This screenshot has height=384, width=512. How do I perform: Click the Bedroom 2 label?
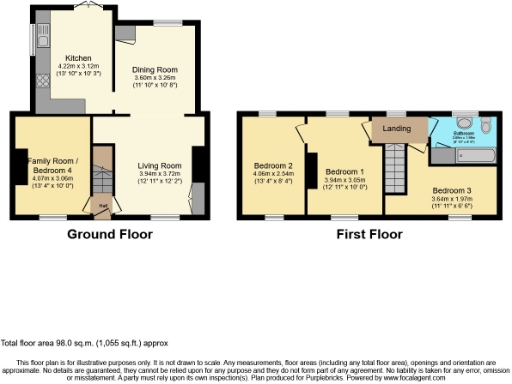[x=273, y=165]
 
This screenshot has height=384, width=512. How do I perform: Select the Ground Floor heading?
[x=109, y=236]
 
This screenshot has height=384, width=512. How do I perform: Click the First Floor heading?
[x=369, y=236]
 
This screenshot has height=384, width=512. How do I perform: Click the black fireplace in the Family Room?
[x=21, y=166]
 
